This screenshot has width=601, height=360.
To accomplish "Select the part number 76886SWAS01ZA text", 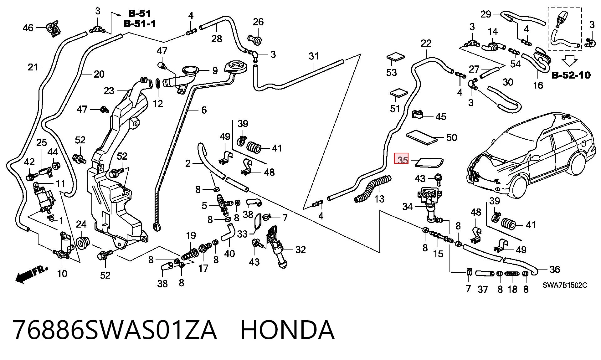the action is (115, 330).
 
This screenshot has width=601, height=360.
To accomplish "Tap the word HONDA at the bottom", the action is (287, 330).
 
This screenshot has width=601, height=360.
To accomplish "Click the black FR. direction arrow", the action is (32, 275).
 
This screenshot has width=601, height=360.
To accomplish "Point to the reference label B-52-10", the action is (571, 75).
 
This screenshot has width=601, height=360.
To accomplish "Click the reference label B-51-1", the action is (140, 23).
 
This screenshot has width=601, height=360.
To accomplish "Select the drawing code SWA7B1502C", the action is (565, 285).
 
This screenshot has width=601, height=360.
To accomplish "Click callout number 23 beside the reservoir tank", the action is (109, 91).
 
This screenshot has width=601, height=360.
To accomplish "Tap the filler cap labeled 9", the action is (191, 70).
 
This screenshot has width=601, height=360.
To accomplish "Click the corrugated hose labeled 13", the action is (372, 188).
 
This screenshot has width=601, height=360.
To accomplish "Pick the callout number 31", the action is (314, 56).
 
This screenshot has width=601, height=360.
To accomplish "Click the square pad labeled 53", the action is (396, 58).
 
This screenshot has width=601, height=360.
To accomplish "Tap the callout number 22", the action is (426, 43).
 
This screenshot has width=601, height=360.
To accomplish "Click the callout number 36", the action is (555, 269).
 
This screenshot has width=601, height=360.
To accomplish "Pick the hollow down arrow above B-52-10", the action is (569, 60).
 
